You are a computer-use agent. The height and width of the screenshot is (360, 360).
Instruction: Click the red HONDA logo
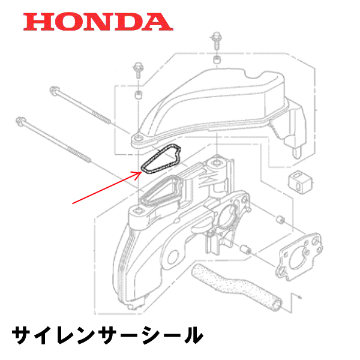(x=98, y=23)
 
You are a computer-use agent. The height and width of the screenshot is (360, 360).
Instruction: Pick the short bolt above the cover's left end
(x=137, y=71)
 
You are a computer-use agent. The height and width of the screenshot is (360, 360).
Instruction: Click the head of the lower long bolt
(x=25, y=119)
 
